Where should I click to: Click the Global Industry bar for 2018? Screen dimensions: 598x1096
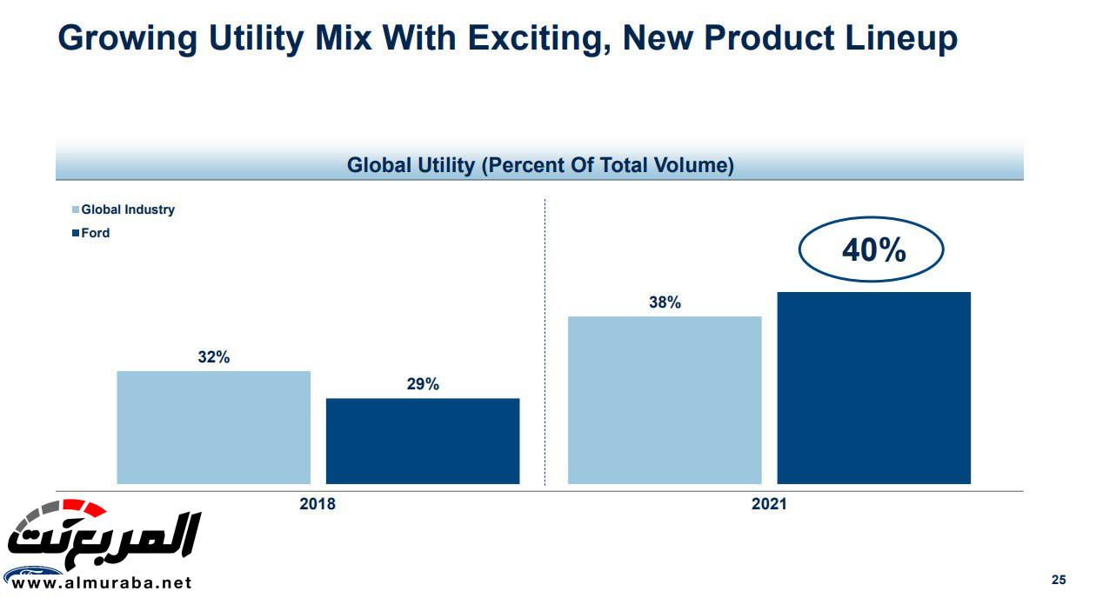click(213, 427)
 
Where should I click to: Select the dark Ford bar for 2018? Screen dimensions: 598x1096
click(423, 441)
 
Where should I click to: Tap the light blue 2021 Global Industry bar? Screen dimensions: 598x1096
click(665, 400)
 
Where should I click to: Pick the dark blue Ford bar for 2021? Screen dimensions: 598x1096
click(873, 388)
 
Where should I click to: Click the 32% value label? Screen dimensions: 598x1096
click(213, 357)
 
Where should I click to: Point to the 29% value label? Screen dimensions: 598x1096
click(423, 384)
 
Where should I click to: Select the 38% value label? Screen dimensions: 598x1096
click(665, 302)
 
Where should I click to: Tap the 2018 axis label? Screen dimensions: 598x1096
click(317, 504)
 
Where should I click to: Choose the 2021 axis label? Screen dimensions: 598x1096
click(769, 504)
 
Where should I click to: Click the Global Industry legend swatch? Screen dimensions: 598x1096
click(75, 209)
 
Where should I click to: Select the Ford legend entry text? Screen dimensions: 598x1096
click(96, 233)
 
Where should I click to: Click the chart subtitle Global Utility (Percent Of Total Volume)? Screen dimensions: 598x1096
click(539, 165)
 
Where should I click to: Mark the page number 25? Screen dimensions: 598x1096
click(1059, 580)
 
